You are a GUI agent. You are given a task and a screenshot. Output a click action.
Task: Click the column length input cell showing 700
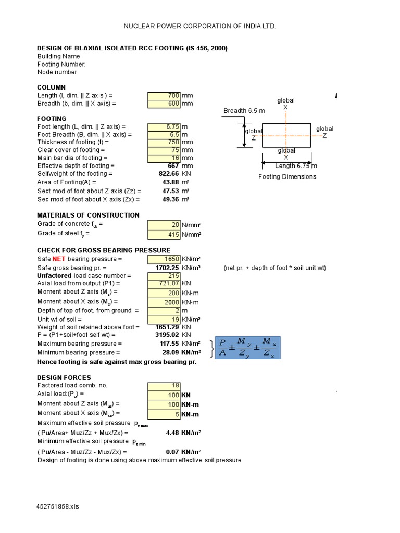click(164, 96)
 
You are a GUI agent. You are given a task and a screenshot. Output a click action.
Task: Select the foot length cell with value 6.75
click(164, 126)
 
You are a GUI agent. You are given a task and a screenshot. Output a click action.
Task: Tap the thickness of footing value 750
click(164, 142)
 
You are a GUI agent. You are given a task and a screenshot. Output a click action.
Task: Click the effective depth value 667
click(171, 166)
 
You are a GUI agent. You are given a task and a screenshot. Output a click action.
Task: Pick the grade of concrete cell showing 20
click(164, 225)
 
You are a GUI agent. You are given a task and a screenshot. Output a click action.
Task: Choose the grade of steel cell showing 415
click(164, 234)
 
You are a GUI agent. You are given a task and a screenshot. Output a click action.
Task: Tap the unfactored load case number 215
click(164, 275)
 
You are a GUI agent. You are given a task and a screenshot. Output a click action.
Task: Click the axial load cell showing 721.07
click(164, 283)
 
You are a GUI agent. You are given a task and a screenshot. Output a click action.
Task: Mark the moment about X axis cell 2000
click(164, 302)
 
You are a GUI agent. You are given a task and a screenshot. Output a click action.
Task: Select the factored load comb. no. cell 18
click(164, 386)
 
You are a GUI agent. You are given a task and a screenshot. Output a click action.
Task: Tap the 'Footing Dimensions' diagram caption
click(287, 176)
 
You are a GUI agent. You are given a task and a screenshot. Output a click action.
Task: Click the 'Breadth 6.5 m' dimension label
click(244, 111)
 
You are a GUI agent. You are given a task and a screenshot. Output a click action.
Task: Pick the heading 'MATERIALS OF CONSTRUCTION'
click(88, 215)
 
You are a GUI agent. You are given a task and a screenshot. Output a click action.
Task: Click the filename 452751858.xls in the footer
click(58, 506)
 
